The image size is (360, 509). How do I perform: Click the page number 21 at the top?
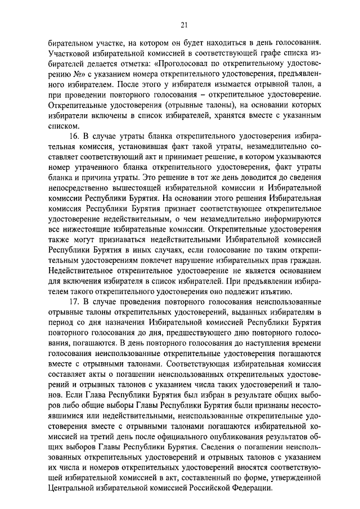pos(184,24)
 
